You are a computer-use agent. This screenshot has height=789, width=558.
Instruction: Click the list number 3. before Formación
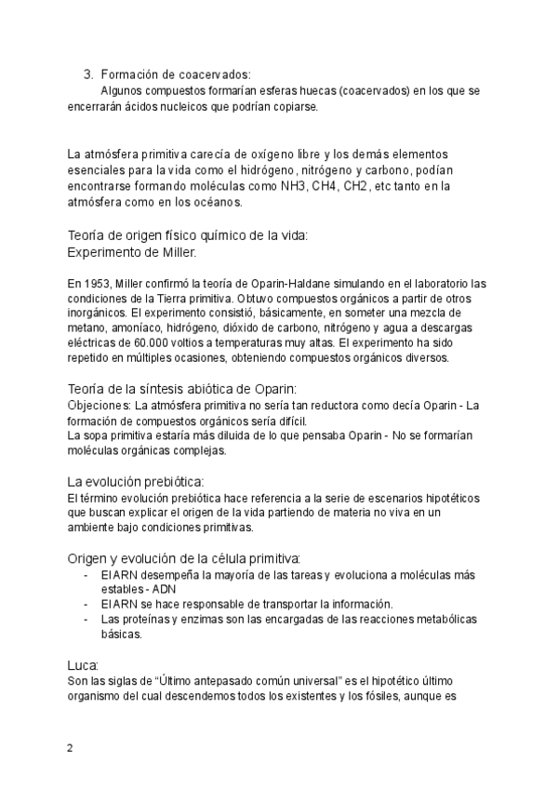click(88, 74)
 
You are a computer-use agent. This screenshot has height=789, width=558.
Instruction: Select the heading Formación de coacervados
click(176, 74)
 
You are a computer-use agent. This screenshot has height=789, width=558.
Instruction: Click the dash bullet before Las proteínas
click(86, 619)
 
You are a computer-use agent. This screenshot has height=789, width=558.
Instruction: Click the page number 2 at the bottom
click(70, 749)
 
